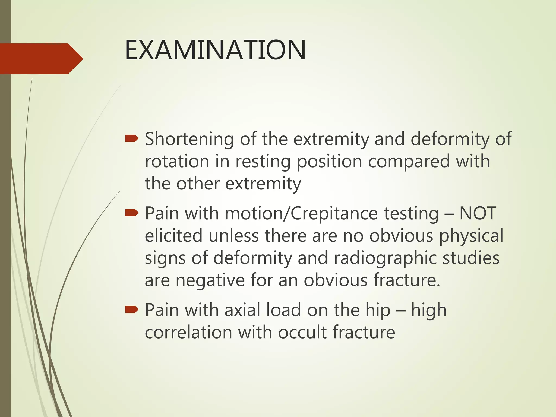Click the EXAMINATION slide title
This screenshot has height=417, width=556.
[215, 50]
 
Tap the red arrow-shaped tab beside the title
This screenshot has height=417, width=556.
[41, 59]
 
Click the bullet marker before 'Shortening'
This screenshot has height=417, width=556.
[132, 139]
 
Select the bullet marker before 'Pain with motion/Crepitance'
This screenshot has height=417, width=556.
[132, 213]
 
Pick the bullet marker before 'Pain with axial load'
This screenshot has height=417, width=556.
[132, 309]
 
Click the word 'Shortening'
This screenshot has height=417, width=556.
[189, 139]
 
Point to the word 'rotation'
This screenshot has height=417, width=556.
[177, 161]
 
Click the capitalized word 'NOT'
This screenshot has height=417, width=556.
[478, 213]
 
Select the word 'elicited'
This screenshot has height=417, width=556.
[173, 235]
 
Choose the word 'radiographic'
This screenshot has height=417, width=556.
[385, 258]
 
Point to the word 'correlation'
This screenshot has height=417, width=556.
[188, 332]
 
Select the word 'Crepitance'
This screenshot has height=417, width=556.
[334, 213]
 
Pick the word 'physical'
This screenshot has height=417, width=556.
[471, 235]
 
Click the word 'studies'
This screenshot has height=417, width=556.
[471, 258]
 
